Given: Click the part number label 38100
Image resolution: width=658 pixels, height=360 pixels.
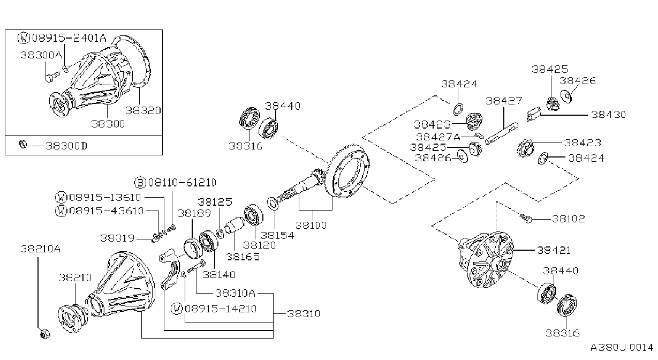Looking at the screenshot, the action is pos(311,226).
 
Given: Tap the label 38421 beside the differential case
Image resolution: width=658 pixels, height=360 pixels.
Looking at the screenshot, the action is pos(554,250).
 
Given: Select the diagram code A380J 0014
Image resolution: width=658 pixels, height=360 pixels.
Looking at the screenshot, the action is pos(622,348).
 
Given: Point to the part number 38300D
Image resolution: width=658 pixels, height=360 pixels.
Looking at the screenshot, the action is pos(66,146).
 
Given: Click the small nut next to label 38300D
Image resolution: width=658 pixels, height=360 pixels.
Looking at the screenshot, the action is pos(22,144).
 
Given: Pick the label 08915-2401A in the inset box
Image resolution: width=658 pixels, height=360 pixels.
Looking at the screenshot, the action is pos(69,38).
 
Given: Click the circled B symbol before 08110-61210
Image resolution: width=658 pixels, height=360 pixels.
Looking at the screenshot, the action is pos(140,183).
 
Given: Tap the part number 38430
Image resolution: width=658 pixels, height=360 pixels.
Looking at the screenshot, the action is pos(608,115).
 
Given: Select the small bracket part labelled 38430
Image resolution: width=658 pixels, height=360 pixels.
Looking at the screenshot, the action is pos(533,114).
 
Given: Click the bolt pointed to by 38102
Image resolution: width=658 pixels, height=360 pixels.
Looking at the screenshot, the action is pos(526,218).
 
